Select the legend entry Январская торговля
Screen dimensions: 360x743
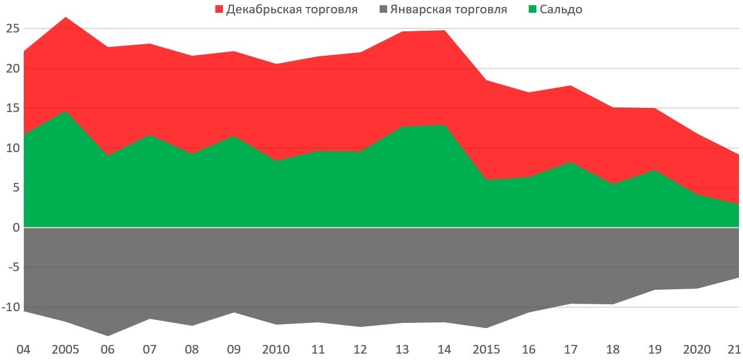[449, 9]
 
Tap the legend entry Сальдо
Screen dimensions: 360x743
[561, 9]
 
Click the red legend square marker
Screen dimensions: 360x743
[219, 9]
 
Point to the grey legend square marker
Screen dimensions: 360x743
[382, 9]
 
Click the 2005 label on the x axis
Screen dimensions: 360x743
[66, 350]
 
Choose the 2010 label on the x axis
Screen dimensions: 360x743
[276, 350]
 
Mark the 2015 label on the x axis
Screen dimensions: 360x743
[486, 350]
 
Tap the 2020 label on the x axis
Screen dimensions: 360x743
[697, 350]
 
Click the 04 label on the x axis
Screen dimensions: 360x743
[23, 350]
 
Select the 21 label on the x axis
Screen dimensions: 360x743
[735, 350]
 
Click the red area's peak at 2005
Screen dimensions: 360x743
[66, 17]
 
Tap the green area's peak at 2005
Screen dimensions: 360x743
[66, 110]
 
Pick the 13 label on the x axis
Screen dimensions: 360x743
[402, 350]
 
